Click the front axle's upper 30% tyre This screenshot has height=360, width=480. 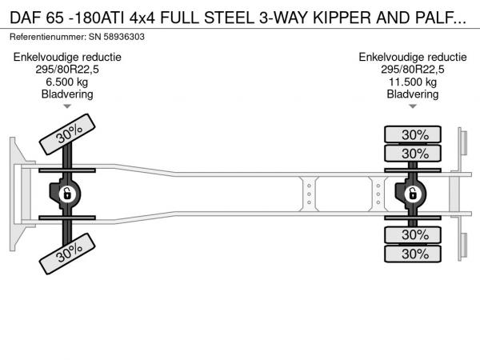(x=70, y=134)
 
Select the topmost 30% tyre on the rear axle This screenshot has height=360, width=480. (x=414, y=134)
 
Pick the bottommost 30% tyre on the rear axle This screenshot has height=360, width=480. (x=414, y=254)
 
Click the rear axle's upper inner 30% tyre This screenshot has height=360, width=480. (x=414, y=153)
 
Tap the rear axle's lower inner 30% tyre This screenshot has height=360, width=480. (x=414, y=234)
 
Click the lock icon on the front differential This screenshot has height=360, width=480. (x=68, y=194)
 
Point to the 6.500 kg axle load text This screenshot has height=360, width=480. (x=66, y=81)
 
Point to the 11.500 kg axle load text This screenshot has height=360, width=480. (x=413, y=81)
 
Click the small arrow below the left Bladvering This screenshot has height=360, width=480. (x=67, y=106)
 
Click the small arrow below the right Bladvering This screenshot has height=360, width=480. (x=413, y=106)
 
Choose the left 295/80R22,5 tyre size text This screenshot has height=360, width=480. (x=66, y=69)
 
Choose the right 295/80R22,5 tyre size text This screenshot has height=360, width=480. (x=413, y=69)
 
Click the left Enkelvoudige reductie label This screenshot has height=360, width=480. (x=66, y=57)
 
